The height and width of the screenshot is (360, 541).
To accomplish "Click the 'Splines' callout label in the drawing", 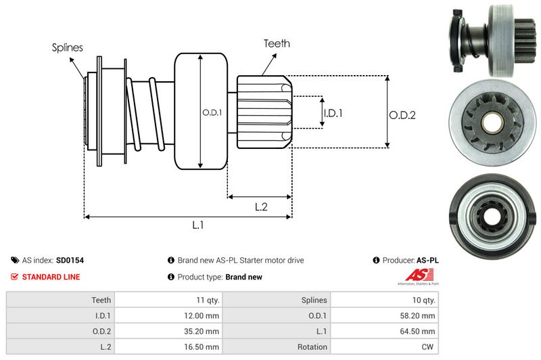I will (x=68, y=47).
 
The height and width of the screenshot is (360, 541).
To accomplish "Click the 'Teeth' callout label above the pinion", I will (x=277, y=43).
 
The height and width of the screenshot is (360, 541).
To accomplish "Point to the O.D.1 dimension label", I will (x=212, y=112).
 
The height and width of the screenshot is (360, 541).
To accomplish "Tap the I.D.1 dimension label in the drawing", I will (x=333, y=113).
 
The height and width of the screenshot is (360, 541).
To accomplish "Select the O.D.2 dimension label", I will (x=402, y=115).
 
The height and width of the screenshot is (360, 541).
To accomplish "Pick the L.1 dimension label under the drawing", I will (x=198, y=226).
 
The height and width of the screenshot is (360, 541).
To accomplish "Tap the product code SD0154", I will (x=70, y=260).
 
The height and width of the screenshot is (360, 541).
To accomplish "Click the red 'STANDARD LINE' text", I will (x=51, y=277).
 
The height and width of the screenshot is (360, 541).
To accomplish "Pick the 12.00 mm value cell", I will (x=202, y=315).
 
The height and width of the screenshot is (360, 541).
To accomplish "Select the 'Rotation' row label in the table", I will (x=312, y=346).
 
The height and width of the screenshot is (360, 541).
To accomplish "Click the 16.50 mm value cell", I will (x=202, y=346).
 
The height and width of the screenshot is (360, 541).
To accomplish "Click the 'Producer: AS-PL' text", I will (x=410, y=260).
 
